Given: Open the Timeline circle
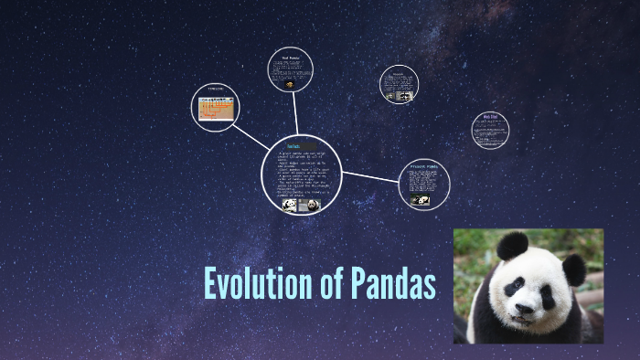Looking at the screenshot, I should [x=215, y=107].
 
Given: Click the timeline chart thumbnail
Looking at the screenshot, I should [x=216, y=109].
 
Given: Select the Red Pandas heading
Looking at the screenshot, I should [x=290, y=58].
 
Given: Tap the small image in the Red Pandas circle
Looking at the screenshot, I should [x=290, y=84].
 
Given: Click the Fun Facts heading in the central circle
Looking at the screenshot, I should [x=293, y=145].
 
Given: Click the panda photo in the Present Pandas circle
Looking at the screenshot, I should [x=422, y=200].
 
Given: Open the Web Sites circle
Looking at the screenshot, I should [x=490, y=131].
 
